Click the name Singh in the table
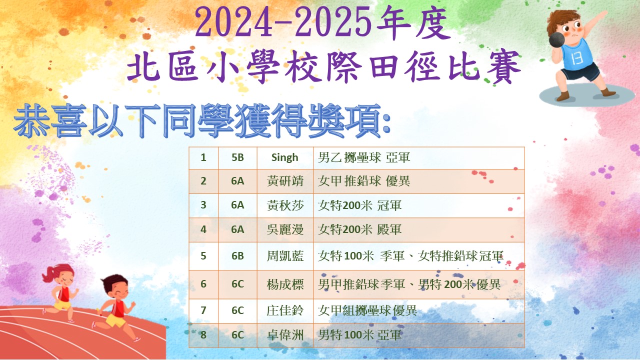[x=284, y=157]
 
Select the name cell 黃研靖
[x=285, y=181]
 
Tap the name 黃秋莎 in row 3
[x=285, y=205]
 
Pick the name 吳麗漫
[x=285, y=229]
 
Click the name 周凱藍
[x=285, y=256]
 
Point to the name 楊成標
[x=285, y=284]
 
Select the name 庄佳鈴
[x=285, y=310]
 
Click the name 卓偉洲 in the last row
[x=285, y=335]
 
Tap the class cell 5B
[x=237, y=157]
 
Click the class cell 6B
[x=237, y=256]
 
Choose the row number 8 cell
[x=203, y=335]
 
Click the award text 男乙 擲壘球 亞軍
[x=364, y=157]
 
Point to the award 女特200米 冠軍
[x=359, y=205]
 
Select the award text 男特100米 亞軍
[x=360, y=335]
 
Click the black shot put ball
[x=557, y=39]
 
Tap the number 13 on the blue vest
[x=577, y=58]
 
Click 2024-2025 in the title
[x=283, y=23]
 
